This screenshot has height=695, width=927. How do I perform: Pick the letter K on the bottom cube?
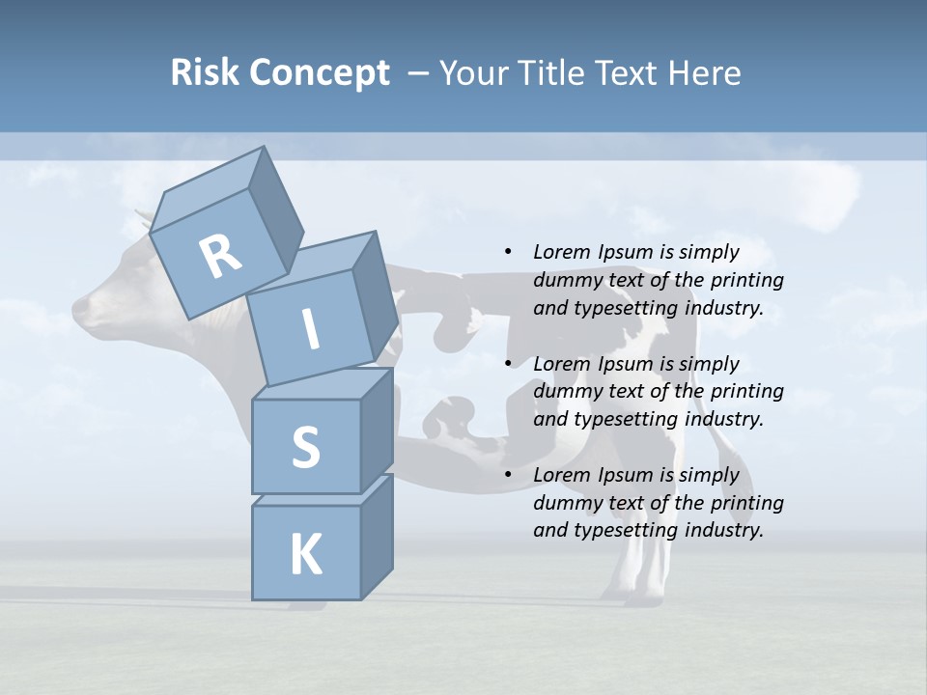coord(305,555)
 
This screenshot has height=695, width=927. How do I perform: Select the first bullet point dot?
coord(508,253)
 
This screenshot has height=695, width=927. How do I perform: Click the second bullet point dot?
coord(508,364)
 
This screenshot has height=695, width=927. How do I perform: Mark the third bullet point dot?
coord(508,475)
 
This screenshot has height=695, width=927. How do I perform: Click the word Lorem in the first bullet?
coord(561,253)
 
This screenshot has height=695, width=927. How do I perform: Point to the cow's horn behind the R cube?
coord(143,218)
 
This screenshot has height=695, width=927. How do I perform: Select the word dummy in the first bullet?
coord(564,281)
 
